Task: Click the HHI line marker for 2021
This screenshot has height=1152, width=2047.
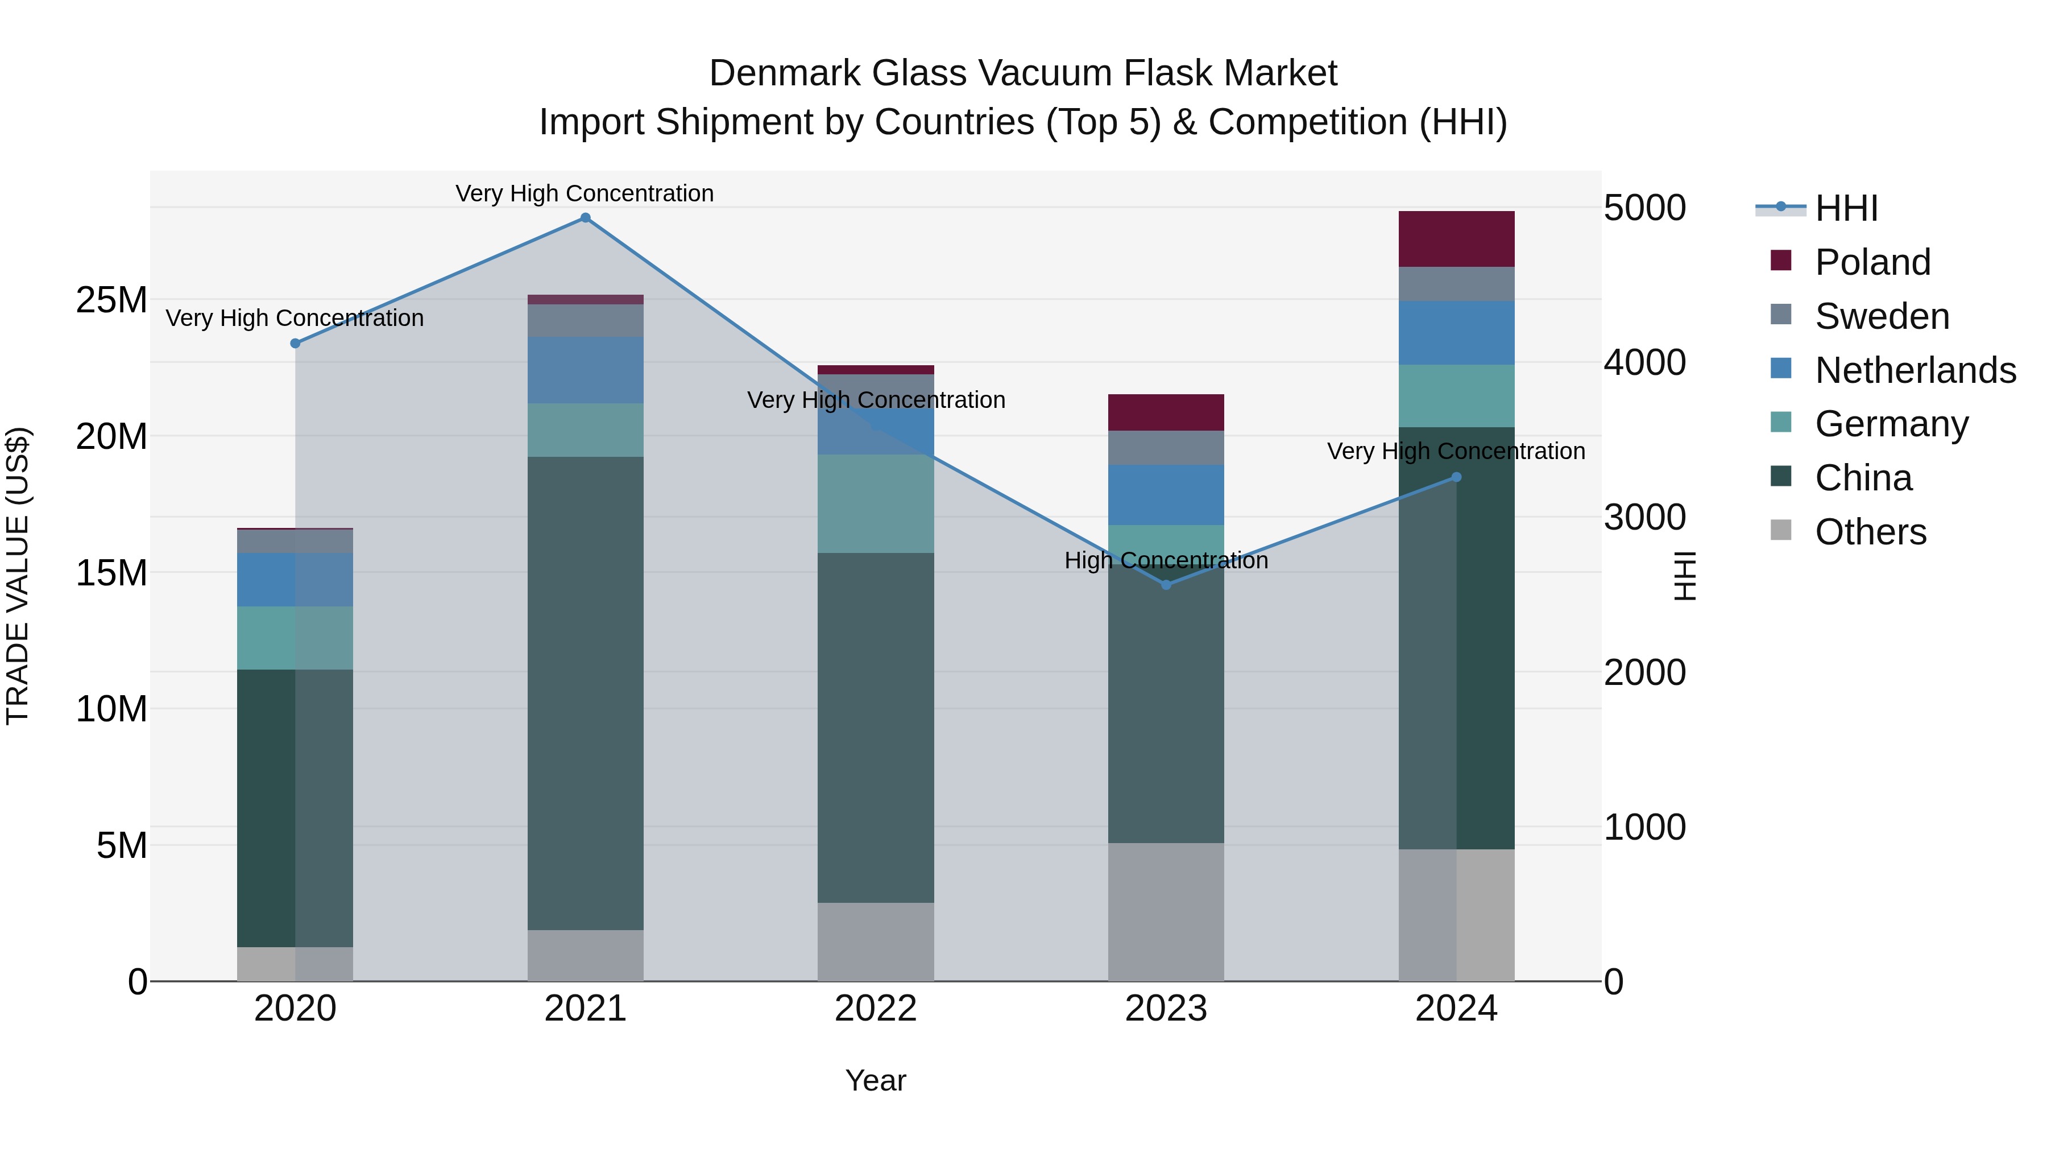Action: coord(585,218)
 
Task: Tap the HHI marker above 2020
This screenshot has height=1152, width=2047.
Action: coord(295,344)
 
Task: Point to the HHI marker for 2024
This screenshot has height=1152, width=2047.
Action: coord(1456,478)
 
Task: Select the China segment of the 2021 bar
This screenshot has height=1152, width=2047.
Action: coord(585,692)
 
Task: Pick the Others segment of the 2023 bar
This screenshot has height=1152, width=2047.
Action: coord(1166,912)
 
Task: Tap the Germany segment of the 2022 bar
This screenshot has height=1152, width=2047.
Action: coord(875,504)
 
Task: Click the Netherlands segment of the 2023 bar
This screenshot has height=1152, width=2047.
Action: coord(1166,494)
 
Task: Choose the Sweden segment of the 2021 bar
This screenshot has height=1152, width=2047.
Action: coord(585,320)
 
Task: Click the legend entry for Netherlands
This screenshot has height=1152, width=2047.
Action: coord(1915,370)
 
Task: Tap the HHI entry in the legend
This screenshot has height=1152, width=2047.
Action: coord(1846,208)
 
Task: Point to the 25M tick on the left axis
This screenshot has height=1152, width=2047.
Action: coord(111,300)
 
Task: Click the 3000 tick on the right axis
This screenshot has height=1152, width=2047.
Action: coord(1644,518)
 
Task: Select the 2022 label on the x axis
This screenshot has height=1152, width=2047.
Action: coord(875,1009)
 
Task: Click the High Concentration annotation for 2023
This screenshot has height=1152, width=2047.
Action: coord(1166,560)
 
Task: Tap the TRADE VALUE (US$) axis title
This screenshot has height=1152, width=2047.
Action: coord(18,576)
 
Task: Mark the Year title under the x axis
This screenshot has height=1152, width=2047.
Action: coord(875,1080)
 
